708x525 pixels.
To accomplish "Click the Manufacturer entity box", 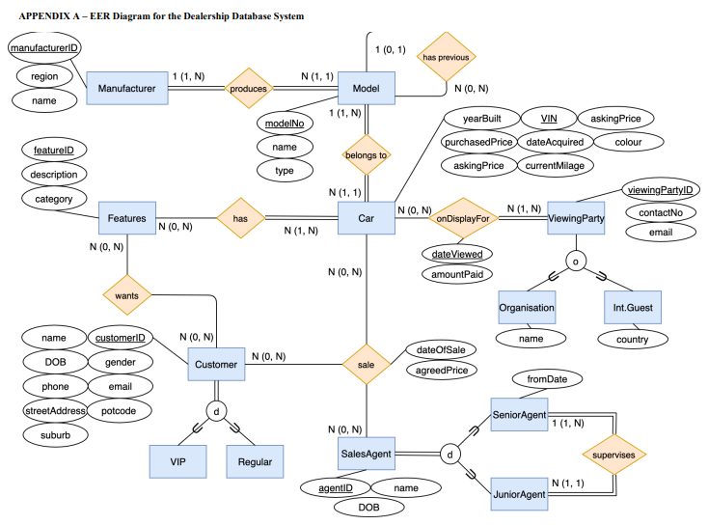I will (127, 89).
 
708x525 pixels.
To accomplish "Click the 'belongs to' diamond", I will (367, 154).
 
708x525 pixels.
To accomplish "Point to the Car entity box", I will (367, 219).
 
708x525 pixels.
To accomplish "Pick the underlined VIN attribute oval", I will (550, 119).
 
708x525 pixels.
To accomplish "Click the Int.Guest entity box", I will (626, 307).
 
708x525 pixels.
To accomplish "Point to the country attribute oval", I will (626, 339).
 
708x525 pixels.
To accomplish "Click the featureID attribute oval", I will (55, 151).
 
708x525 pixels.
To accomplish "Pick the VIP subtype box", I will (178, 461).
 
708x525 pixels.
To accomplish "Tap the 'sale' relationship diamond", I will (367, 365).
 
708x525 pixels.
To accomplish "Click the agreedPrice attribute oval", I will (441, 371).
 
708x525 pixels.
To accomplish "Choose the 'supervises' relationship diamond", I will (613, 453).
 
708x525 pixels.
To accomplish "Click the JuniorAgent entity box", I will (520, 494).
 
